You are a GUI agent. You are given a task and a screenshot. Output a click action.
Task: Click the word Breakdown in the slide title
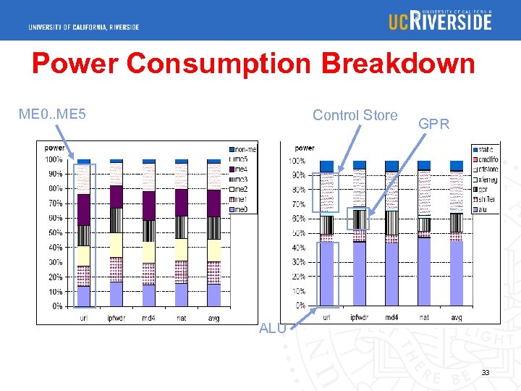[399, 64]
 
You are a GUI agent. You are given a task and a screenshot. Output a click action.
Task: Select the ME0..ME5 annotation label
[52, 114]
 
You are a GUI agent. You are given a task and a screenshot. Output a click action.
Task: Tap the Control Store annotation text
[355, 115]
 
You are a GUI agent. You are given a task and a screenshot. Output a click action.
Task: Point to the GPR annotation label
[433, 124]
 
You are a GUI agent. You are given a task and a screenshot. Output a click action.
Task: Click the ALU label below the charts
[272, 328]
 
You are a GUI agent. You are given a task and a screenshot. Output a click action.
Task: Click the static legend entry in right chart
[486, 148]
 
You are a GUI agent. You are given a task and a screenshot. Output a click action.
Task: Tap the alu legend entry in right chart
[486, 209]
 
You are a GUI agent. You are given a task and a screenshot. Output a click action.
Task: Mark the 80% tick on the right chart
[297, 190]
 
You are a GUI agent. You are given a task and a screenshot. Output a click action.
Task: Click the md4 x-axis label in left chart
[148, 318]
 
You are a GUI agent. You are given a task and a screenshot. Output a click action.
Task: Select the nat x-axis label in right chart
[424, 317]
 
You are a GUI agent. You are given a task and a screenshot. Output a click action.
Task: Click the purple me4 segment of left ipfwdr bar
[116, 196]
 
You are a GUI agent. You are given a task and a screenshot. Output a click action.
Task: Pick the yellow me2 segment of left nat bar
[182, 249]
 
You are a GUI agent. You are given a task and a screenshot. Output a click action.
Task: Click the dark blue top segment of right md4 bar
[391, 166]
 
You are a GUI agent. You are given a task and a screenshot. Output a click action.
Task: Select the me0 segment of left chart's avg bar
[214, 295]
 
